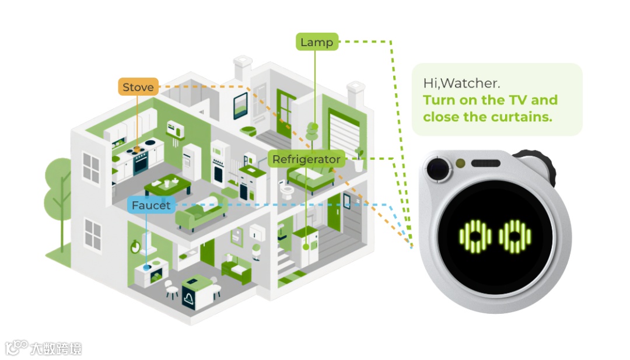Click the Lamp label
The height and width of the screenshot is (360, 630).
point(317,42)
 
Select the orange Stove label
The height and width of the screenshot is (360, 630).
point(138,88)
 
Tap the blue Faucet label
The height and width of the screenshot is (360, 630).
point(151,205)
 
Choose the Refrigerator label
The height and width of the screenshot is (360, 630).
point(306,159)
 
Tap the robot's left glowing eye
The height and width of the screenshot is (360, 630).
point(475,236)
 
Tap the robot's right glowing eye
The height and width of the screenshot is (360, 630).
point(515,236)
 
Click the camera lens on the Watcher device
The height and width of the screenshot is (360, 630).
point(439,170)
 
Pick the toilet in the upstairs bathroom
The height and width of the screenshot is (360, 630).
point(286,190)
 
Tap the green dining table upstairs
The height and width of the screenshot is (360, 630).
point(167,186)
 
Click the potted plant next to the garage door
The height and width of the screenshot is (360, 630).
point(359,159)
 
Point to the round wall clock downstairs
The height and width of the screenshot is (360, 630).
point(136,245)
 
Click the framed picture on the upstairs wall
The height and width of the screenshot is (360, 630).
point(240,106)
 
